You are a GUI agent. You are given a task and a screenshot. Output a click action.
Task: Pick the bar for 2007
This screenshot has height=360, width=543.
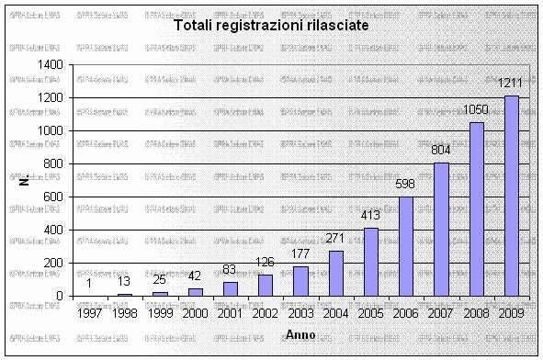click(x=441, y=229)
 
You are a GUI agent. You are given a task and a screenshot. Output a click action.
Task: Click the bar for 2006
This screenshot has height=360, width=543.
click(x=405, y=246)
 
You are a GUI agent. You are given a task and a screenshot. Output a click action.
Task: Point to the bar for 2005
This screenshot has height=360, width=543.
click(x=370, y=261)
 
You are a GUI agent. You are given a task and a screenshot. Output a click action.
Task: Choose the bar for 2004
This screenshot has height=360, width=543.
click(x=335, y=273)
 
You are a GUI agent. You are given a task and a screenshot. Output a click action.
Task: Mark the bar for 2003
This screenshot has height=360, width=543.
click(x=300, y=281)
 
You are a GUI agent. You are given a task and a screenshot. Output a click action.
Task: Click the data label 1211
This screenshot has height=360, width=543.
click(x=511, y=84)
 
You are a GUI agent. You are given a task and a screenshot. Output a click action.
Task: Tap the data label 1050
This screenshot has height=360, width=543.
click(x=476, y=110)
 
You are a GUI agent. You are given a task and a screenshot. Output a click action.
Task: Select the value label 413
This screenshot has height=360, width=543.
click(x=370, y=216)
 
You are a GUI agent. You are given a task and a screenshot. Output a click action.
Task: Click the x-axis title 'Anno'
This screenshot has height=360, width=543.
click(x=300, y=332)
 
